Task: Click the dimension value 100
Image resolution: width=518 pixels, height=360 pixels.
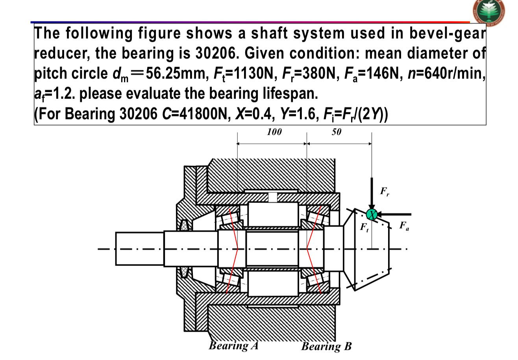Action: [274, 132]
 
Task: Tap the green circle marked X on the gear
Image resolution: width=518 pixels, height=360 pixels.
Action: [371, 214]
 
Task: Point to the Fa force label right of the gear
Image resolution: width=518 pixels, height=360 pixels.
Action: [403, 226]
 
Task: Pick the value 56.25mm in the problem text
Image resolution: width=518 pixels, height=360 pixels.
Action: [177, 74]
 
